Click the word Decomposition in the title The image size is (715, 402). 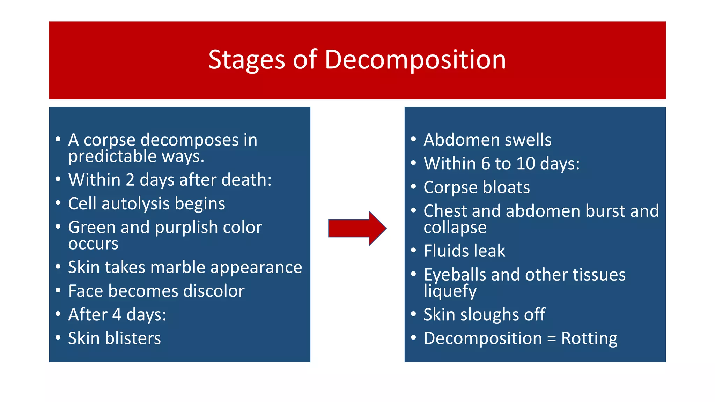[415, 60]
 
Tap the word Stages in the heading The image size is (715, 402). [246, 60]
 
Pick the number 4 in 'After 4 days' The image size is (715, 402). [117, 314]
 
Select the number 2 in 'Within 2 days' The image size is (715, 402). [130, 180]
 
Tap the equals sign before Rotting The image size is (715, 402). [551, 339]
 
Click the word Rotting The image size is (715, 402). [589, 338]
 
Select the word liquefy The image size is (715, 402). [450, 291]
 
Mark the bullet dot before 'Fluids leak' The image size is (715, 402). [414, 250]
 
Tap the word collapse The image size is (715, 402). [455, 228]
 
